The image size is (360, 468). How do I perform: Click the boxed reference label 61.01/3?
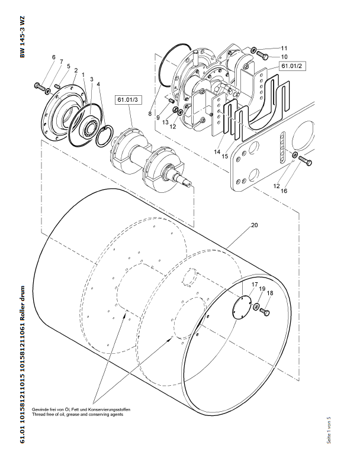click(x=128, y=99)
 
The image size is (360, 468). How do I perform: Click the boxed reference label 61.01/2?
click(x=292, y=66)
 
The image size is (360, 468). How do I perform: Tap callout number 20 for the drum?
click(x=254, y=225)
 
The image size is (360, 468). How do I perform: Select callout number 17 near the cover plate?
click(x=255, y=285)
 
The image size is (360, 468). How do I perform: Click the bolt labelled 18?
click(x=265, y=312)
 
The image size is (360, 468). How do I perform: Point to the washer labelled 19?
click(x=256, y=306)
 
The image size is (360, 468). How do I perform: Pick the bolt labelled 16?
click(x=306, y=160)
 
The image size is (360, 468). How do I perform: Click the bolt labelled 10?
click(x=262, y=55)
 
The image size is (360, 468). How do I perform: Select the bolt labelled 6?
click(x=40, y=86)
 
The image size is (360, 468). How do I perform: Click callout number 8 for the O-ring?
click(x=150, y=114)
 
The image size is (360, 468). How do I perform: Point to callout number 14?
click(x=217, y=151)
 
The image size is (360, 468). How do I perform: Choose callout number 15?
click(x=225, y=156)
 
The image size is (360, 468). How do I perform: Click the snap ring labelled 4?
click(x=104, y=137)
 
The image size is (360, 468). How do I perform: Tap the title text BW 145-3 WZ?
click(x=22, y=37)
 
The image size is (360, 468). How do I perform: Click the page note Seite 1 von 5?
click(x=329, y=430)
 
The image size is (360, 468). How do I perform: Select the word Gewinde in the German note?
click(x=39, y=409)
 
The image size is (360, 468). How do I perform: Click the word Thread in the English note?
click(x=38, y=414)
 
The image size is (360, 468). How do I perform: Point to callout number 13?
click(x=166, y=122)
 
